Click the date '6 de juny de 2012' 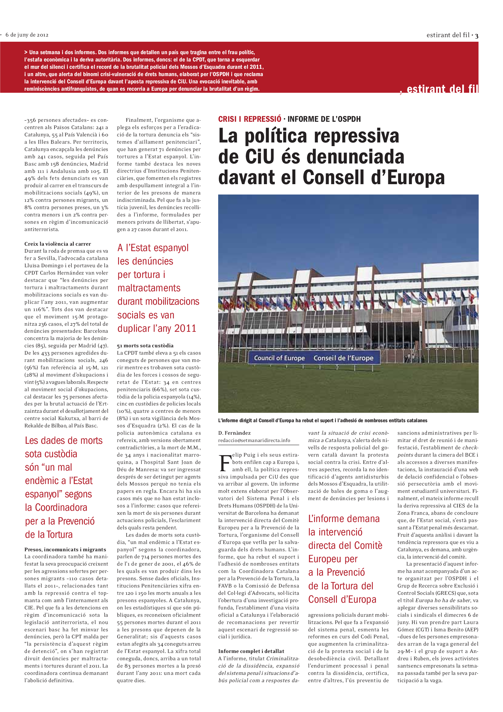tap(27, 35)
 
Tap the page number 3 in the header tap(476, 36)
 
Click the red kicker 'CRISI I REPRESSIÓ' tap(250, 119)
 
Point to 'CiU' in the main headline tap(260, 156)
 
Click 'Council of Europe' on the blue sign tap(279, 358)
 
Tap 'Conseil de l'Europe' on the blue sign tap(343, 358)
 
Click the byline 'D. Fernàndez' tap(234, 433)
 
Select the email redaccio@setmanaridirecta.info tap(254, 440)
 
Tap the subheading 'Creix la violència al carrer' tap(58, 244)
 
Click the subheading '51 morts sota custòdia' tap(145, 345)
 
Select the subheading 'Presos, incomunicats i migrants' tap(65, 549)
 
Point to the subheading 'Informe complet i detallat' tap(251, 651)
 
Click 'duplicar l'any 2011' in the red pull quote tap(156, 328)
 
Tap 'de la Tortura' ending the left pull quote tap(49, 534)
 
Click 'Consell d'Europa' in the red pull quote tap(342, 599)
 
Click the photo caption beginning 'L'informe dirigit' tap(322, 420)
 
